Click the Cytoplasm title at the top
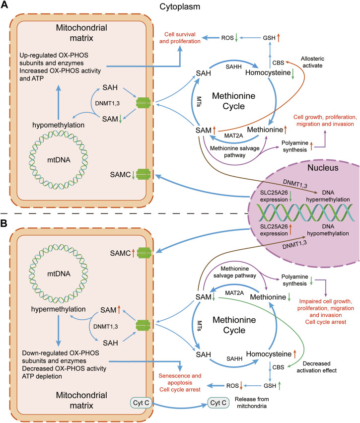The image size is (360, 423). click(179, 7)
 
